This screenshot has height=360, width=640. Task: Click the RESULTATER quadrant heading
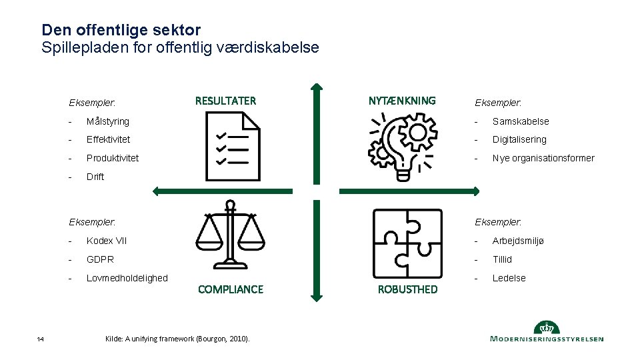point(225,101)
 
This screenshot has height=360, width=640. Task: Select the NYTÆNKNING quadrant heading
point(402,101)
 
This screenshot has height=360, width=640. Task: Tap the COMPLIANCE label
point(231,289)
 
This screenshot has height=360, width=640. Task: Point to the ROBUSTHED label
point(407,289)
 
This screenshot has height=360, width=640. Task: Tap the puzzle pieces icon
point(407,243)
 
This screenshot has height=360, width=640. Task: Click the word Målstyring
point(108,121)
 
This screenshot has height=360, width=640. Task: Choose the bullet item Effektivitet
point(108,139)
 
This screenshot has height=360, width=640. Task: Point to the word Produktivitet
point(113,158)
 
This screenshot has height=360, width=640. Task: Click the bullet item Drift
point(95,177)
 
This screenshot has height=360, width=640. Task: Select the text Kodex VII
point(107,241)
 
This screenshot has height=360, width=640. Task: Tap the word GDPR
point(100,259)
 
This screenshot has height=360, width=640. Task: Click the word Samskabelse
point(521,121)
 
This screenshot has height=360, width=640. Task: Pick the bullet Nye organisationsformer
point(543,158)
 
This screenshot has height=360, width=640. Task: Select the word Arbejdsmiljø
point(518,241)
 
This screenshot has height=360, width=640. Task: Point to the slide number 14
point(41,340)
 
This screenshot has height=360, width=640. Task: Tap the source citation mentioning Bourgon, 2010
point(177,339)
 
